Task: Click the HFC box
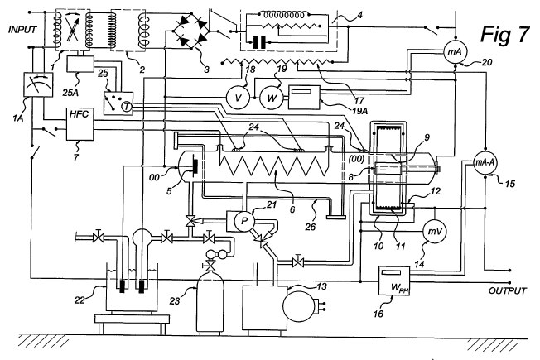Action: pyautogui.click(x=80, y=124)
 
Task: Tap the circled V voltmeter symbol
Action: pyautogui.click(x=238, y=98)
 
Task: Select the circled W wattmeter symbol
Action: pyautogui.click(x=271, y=98)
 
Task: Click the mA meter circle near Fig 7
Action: pyautogui.click(x=455, y=52)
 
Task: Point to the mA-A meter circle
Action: pyautogui.click(x=485, y=162)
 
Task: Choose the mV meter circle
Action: pyautogui.click(x=435, y=231)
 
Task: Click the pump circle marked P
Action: pyautogui.click(x=243, y=221)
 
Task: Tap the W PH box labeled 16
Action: pyautogui.click(x=394, y=281)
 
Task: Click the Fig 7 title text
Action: pyautogui.click(x=505, y=34)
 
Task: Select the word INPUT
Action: pyautogui.click(x=22, y=30)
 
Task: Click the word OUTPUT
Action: pyautogui.click(x=507, y=290)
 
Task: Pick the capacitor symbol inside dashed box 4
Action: pyautogui.click(x=259, y=43)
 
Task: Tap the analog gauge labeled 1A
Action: pyautogui.click(x=38, y=84)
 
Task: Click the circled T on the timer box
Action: pyautogui.click(x=127, y=107)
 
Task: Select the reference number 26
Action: pyautogui.click(x=310, y=227)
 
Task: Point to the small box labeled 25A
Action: pyautogui.click(x=80, y=64)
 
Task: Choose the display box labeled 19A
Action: pyautogui.click(x=304, y=98)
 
